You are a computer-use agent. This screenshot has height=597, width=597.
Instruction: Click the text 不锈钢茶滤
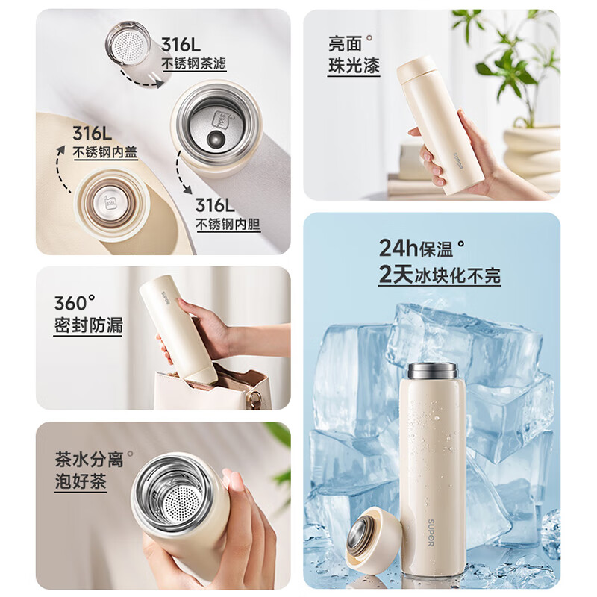[x=194, y=63]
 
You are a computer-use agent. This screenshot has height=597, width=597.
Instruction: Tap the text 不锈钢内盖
[x=105, y=152]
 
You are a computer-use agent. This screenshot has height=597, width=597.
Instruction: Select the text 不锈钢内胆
[x=228, y=225]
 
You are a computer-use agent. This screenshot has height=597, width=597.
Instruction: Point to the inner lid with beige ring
[x=110, y=204]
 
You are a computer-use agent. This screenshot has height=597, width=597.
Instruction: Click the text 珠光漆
[x=354, y=66]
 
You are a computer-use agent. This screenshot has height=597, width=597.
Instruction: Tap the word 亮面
[x=345, y=44]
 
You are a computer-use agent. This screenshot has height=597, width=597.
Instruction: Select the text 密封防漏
[x=88, y=325]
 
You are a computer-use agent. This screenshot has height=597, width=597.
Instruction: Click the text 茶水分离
[x=89, y=459]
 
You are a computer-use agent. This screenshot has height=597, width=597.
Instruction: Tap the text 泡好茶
[x=81, y=481]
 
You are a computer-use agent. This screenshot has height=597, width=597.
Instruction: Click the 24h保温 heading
[x=416, y=249]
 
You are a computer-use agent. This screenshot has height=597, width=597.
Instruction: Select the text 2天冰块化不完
[x=440, y=275]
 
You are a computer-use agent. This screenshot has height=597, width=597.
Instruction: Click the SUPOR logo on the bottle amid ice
[x=431, y=533]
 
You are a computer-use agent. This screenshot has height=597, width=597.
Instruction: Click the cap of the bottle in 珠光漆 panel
[x=414, y=71]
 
